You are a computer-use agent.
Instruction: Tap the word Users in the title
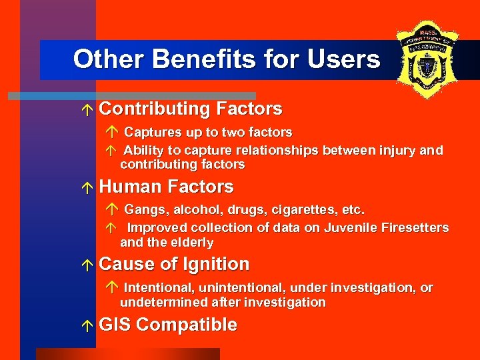tap(343, 59)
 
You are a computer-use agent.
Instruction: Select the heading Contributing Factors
tap(190, 109)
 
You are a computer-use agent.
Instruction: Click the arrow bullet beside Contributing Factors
tap(89, 109)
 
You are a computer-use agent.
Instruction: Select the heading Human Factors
tap(166, 187)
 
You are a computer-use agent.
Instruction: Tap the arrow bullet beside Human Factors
tap(89, 187)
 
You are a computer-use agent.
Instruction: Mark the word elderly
tap(191, 243)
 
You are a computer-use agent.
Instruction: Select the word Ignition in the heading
tap(211, 265)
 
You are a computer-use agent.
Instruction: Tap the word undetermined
tap(162, 303)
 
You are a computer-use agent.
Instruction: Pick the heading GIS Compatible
tap(168, 325)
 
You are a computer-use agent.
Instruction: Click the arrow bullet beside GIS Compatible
tap(89, 326)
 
